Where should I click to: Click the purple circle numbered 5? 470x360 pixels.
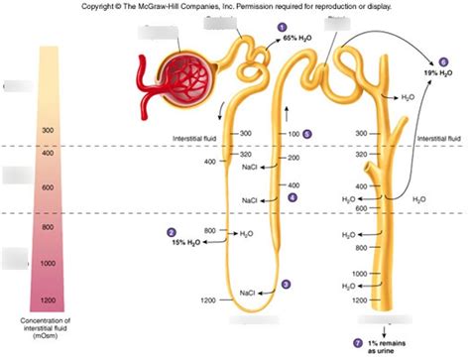[307, 133]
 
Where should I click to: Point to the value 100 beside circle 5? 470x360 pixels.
[294, 133]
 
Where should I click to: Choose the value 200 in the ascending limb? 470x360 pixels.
[294, 158]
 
